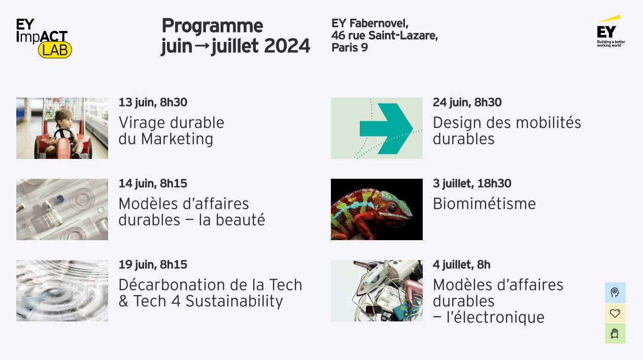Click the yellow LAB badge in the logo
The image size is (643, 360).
55,50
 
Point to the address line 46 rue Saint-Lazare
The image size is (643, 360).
385,36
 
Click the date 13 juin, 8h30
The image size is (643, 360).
153,102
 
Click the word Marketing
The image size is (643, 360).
177,139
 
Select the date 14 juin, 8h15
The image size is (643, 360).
153,183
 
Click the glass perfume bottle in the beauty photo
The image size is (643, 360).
53,214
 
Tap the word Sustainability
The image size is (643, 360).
234,302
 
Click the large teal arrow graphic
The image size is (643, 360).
386,128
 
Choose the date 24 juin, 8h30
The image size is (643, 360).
467,102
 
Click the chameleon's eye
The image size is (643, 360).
392,206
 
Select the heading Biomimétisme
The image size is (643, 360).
484,204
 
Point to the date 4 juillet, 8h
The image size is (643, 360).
462,265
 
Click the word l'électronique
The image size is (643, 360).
496,317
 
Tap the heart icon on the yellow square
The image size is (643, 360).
615,313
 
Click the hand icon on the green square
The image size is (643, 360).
615,334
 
